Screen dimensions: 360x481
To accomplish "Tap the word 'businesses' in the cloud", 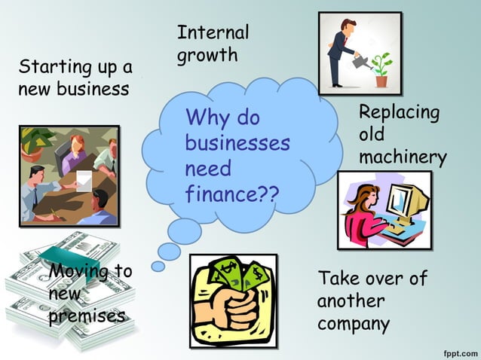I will pyautogui.click(x=237, y=143).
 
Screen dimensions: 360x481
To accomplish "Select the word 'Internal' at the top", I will pyautogui.click(x=213, y=32).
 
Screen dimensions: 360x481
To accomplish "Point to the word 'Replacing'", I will pyautogui.click(x=399, y=113).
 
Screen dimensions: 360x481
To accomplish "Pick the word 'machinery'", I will pyautogui.click(x=403, y=157).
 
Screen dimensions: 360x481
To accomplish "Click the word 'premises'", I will pyautogui.click(x=87, y=316).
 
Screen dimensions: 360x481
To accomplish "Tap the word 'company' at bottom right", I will pyautogui.click(x=354, y=325).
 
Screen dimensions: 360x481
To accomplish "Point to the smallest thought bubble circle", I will pyautogui.click(x=158, y=266).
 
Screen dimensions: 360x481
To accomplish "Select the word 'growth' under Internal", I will pyautogui.click(x=207, y=55).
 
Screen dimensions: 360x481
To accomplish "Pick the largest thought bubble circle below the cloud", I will pyautogui.click(x=185, y=229).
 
